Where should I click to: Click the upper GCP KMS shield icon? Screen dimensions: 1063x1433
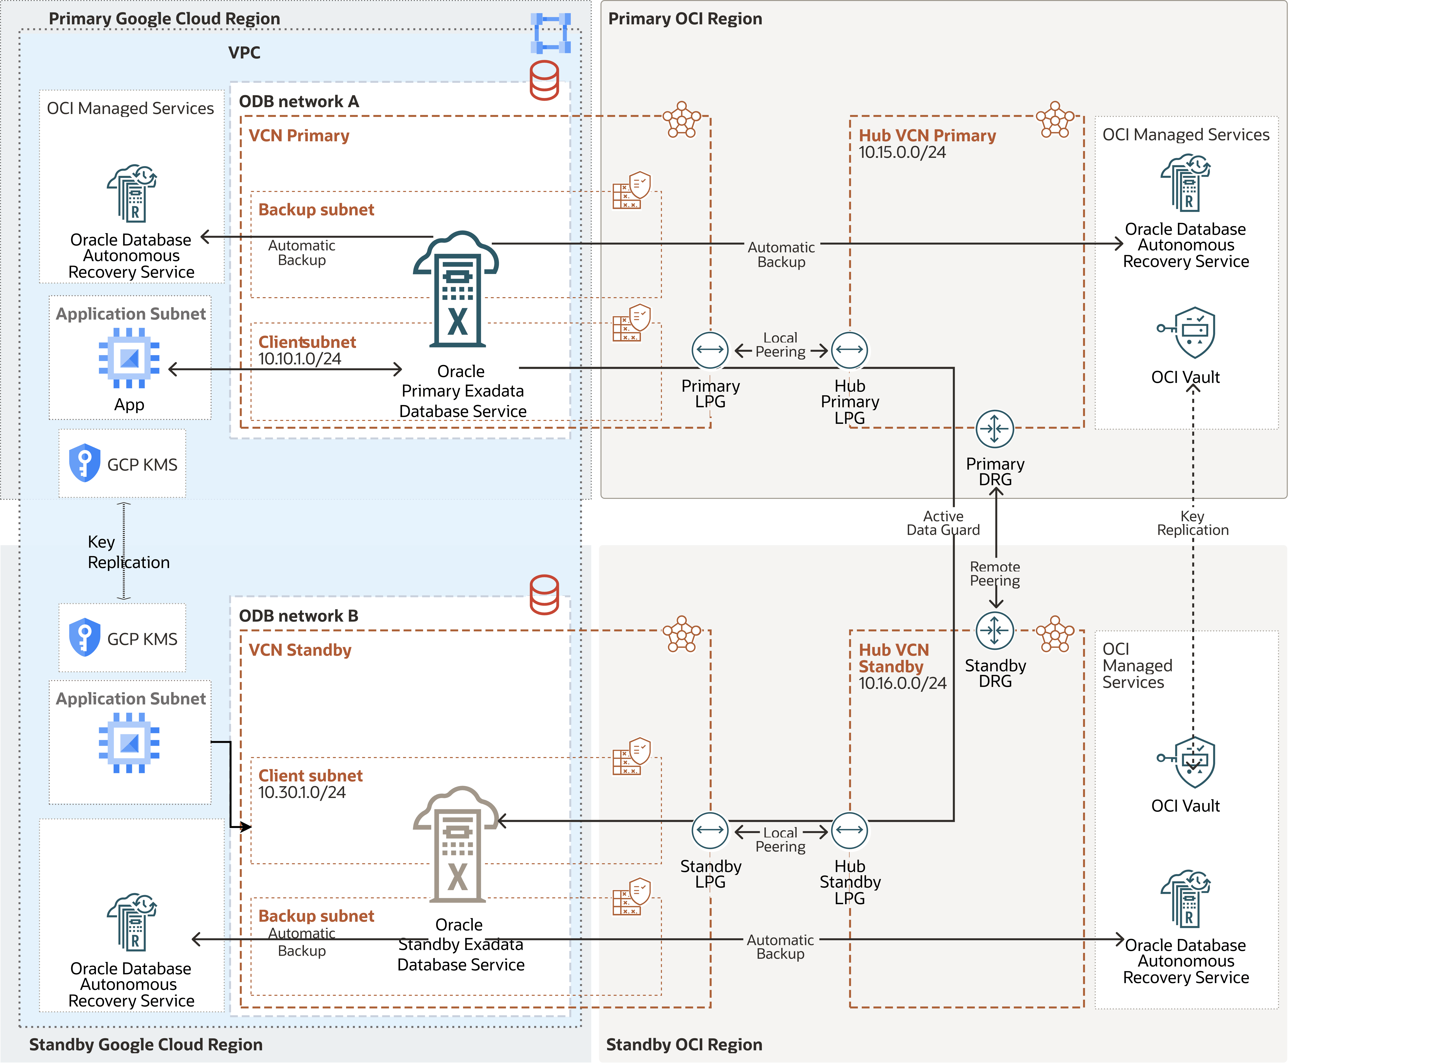[84, 463]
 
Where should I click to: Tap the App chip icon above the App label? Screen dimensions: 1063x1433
[129, 358]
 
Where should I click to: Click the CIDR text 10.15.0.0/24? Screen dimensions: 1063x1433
[902, 153]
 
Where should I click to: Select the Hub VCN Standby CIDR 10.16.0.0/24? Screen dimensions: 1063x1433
[902, 683]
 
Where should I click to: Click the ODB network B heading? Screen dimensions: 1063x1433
[298, 616]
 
